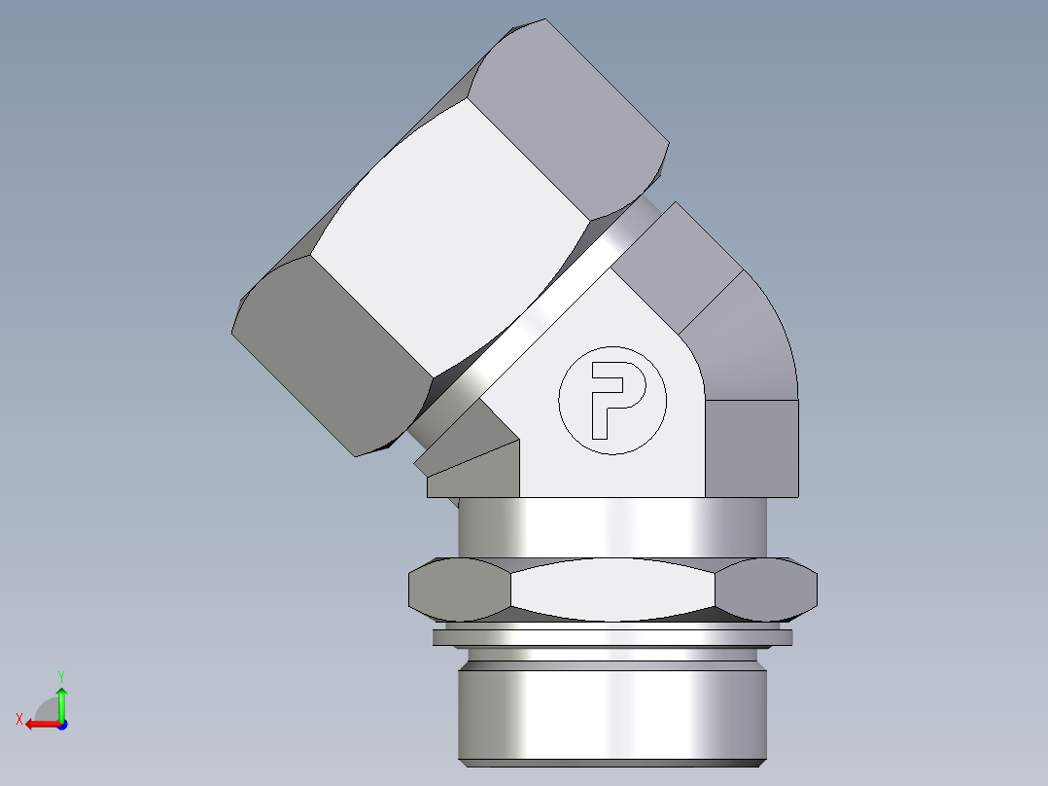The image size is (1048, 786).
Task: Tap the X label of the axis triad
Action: point(18,719)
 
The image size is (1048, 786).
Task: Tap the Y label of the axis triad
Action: point(61,675)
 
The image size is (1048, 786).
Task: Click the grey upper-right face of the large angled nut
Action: point(574,107)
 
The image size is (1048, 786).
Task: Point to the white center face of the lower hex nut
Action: point(612,589)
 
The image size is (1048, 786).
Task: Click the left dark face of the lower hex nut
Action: point(457,589)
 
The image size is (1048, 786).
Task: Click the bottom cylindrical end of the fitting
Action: point(612,710)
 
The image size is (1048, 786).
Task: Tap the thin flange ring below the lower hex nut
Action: point(612,638)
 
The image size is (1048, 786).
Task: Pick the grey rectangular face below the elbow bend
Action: point(751,447)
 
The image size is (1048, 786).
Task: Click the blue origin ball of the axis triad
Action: point(61,725)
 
